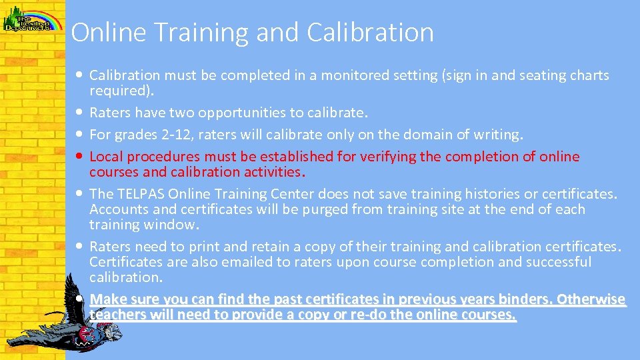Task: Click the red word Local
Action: [106, 157]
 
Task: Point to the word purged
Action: [298, 209]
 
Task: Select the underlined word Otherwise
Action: [591, 299]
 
